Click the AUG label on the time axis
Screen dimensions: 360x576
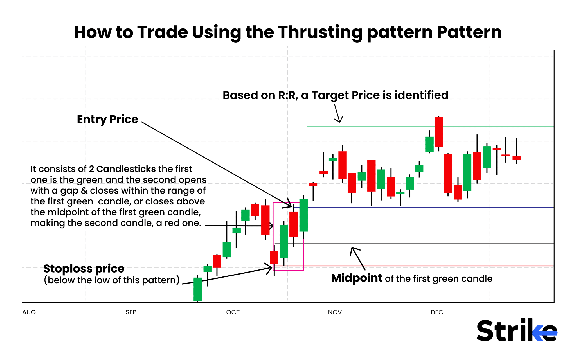[x=29, y=312]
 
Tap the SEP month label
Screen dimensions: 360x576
[x=131, y=312]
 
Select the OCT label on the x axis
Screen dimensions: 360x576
[x=233, y=312]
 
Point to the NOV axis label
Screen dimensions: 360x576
[x=335, y=312]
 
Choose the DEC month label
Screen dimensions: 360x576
[x=437, y=312]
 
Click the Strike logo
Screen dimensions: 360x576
[x=517, y=330]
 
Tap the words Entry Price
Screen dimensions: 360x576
[x=107, y=119]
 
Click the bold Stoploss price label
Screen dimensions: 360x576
[x=84, y=269]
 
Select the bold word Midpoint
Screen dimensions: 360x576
[x=357, y=278]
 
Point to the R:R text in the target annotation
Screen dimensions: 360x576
[x=288, y=95]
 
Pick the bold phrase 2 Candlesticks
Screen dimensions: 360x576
[x=122, y=169]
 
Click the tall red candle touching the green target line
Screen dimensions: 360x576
[x=438, y=132]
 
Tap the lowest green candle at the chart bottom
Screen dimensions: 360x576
[x=198, y=289]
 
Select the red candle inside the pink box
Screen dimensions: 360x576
[x=293, y=224]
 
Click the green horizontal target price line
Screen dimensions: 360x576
[x=394, y=127]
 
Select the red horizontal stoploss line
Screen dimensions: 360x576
[x=422, y=266]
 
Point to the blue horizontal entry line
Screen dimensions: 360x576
[x=422, y=207]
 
